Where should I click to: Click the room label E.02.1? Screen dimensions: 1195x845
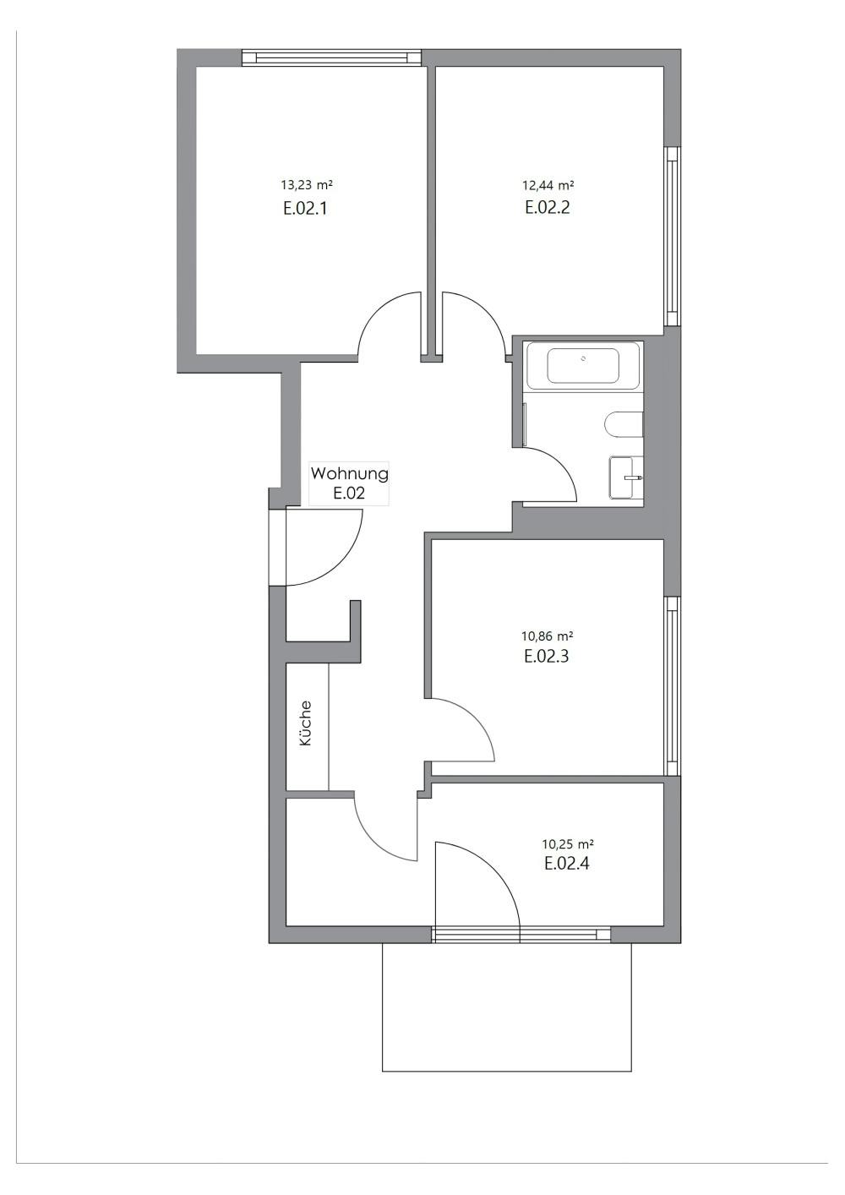[x=305, y=208]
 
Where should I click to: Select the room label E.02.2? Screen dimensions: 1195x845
[x=548, y=208]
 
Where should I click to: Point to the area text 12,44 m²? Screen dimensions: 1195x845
[x=548, y=184]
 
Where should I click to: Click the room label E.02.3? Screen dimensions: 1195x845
[x=546, y=656]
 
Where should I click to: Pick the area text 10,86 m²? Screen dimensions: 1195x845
[x=547, y=636]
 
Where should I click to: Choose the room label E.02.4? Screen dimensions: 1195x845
[x=567, y=864]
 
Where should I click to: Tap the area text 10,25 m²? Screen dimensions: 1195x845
[x=567, y=843]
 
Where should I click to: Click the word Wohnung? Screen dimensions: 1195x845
[x=349, y=474]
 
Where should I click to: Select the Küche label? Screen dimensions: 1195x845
[x=306, y=723]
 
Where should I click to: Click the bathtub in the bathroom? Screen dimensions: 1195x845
[x=583, y=365]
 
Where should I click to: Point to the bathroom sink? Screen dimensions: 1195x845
[x=627, y=478]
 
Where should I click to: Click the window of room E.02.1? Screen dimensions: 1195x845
[x=331, y=57]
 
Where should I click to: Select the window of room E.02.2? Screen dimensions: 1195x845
[x=673, y=237]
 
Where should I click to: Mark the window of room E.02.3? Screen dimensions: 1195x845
[x=673, y=686]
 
